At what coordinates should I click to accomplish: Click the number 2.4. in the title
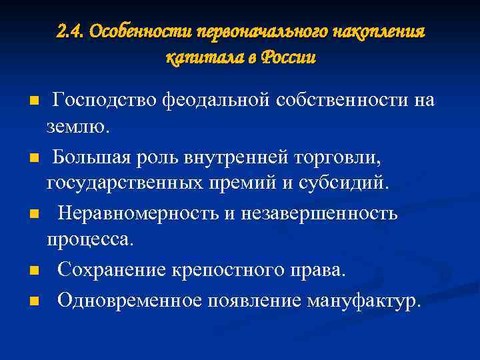pyautogui.click(x=71, y=31)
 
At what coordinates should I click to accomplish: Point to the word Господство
pyautogui.click(x=104, y=100)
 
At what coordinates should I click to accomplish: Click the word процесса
pyautogui.click(x=90, y=239)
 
